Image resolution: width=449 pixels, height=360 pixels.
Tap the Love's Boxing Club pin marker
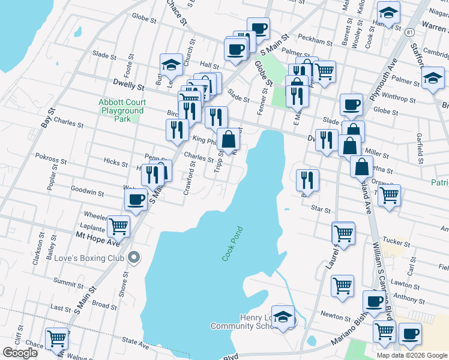click(134, 258)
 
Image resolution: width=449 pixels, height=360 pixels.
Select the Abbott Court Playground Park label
click(122, 110)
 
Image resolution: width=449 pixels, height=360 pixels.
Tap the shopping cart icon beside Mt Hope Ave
click(118, 227)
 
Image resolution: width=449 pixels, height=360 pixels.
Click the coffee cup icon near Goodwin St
click(136, 199)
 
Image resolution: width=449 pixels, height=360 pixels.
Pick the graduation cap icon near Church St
click(171, 65)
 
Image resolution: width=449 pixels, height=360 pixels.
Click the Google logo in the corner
click(20, 353)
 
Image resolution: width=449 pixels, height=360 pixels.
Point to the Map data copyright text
click(412, 355)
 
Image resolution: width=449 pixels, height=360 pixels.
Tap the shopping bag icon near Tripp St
click(228, 140)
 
